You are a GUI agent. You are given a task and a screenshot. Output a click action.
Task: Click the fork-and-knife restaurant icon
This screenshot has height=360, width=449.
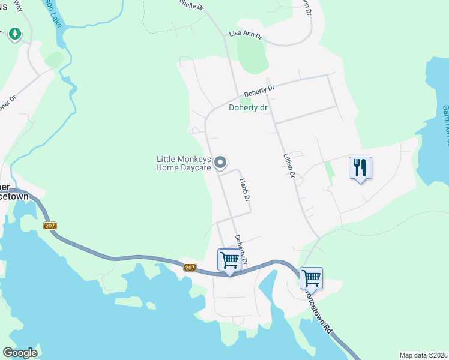pyautogui.click(x=360, y=168)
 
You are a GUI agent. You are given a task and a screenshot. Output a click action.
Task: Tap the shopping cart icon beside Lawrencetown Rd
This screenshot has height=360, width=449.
pyautogui.click(x=311, y=278)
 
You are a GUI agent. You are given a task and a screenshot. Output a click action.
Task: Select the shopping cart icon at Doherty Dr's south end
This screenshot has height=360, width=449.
pyautogui.click(x=229, y=261)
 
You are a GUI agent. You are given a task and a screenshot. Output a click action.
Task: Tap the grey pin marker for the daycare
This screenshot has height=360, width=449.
pyautogui.click(x=221, y=163)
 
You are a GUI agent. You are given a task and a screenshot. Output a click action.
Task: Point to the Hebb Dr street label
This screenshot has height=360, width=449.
pyautogui.click(x=244, y=190)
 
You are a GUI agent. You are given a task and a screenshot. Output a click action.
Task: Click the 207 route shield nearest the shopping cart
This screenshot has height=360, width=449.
pyautogui.click(x=190, y=267)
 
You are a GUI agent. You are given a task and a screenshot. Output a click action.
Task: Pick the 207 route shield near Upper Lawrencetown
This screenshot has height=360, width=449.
pyautogui.click(x=50, y=226)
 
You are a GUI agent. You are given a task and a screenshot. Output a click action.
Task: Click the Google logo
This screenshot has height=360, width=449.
pyautogui.click(x=20, y=353)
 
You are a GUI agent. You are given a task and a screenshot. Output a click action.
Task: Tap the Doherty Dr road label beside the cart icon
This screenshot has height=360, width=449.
pyautogui.click(x=241, y=248)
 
